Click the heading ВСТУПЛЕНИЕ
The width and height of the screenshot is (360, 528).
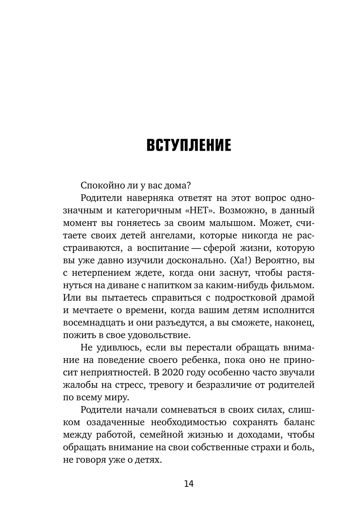(189, 146)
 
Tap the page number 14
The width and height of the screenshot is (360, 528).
(189, 484)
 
